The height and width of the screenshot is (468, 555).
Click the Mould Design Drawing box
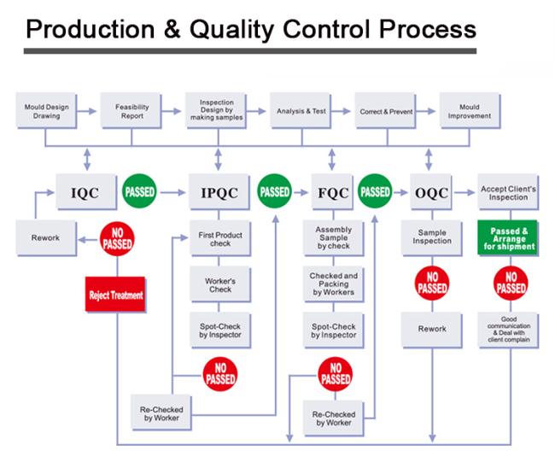[x=46, y=111]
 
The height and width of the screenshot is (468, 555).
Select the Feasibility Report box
[x=131, y=111]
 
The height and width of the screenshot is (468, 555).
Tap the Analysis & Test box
[x=301, y=111]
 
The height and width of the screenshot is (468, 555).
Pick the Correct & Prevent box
[x=386, y=111]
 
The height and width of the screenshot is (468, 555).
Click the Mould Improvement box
[x=470, y=111]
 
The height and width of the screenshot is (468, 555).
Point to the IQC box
[x=86, y=192]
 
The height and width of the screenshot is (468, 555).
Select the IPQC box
[x=219, y=192]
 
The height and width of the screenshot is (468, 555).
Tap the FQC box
[x=333, y=192]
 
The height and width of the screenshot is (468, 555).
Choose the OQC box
[x=431, y=192]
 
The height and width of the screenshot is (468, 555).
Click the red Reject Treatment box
[x=116, y=295]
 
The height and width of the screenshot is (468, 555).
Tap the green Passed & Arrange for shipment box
[x=508, y=238]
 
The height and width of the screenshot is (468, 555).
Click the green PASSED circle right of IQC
[x=139, y=191]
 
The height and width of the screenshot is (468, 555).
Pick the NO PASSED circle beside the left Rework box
[x=117, y=239]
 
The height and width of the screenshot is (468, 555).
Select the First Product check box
[x=220, y=238]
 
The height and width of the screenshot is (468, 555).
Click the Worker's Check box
[x=220, y=284]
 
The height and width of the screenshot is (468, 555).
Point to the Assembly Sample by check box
[x=333, y=238]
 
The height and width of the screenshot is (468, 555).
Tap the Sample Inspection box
[x=432, y=238]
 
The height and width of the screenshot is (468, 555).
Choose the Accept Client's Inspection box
[x=508, y=192]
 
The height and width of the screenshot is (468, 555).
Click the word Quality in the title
[x=231, y=29]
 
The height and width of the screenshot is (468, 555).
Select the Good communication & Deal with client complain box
[x=508, y=330]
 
